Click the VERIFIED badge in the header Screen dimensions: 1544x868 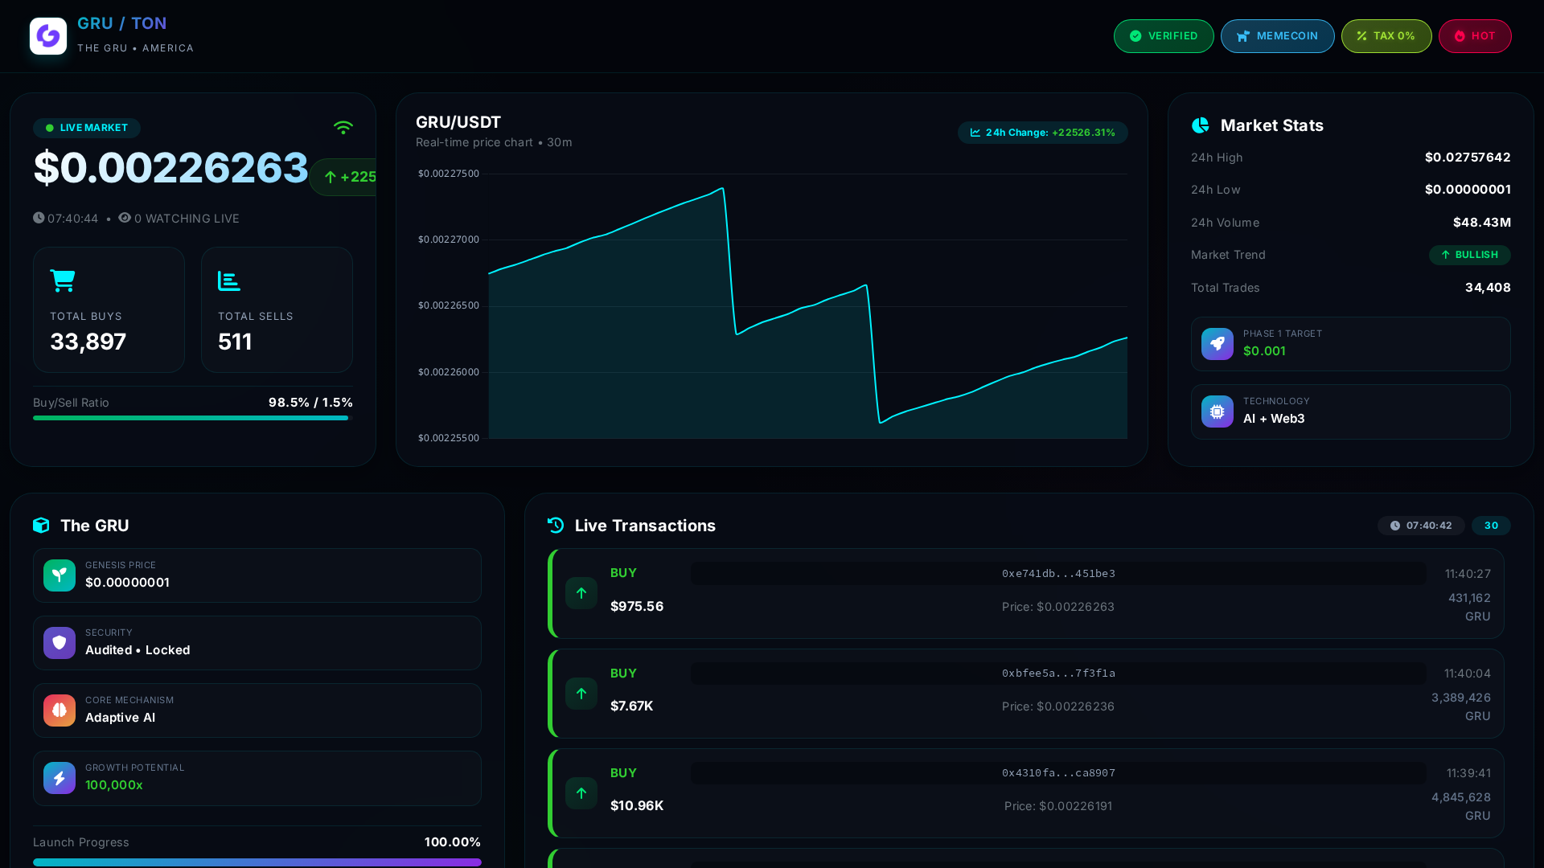click(x=1164, y=36)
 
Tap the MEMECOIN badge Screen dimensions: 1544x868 click(x=1277, y=36)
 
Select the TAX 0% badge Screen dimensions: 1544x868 click(x=1386, y=36)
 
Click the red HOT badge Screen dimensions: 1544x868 click(x=1475, y=36)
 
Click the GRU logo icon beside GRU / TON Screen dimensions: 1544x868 click(x=48, y=36)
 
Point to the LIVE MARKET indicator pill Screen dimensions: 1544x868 click(x=87, y=128)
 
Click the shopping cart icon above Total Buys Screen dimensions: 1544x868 click(x=63, y=280)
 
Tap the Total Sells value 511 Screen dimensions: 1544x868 click(x=235, y=342)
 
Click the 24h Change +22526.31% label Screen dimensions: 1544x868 click(x=1042, y=133)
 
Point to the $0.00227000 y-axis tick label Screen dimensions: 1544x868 click(x=449, y=240)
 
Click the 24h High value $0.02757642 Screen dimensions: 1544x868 click(x=1468, y=158)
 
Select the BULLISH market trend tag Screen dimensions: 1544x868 click(x=1470, y=255)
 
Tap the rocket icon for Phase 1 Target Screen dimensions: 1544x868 click(x=1218, y=344)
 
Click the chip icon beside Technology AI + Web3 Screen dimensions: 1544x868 click(x=1218, y=411)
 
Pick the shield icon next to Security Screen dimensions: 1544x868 click(x=60, y=643)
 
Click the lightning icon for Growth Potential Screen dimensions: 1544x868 click(x=60, y=778)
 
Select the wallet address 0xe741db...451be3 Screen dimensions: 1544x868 click(x=1058, y=574)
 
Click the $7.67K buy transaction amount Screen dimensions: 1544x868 click(x=632, y=706)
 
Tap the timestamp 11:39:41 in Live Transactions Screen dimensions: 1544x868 click(x=1468, y=773)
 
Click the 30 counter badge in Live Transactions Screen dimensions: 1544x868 click(x=1491, y=526)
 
